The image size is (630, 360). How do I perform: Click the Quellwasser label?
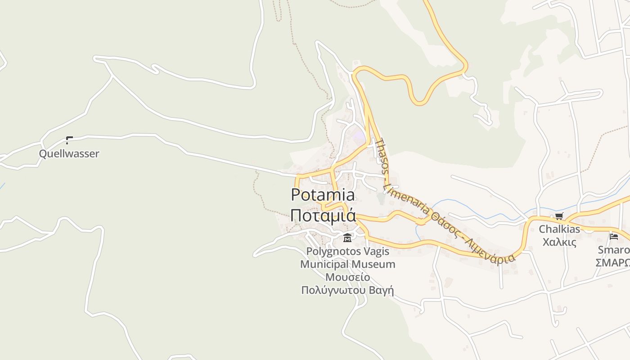click(69, 154)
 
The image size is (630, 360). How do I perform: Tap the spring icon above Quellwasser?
click(69, 140)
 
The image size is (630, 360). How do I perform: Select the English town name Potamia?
click(323, 195)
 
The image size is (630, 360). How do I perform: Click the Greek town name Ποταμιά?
click(323, 215)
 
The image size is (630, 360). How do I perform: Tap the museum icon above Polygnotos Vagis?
click(347, 238)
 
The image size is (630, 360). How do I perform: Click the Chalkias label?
click(559, 229)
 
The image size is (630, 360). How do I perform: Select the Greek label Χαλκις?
click(559, 242)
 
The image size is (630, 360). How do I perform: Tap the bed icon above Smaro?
click(614, 236)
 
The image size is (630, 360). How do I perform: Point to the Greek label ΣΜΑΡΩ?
click(612, 262)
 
